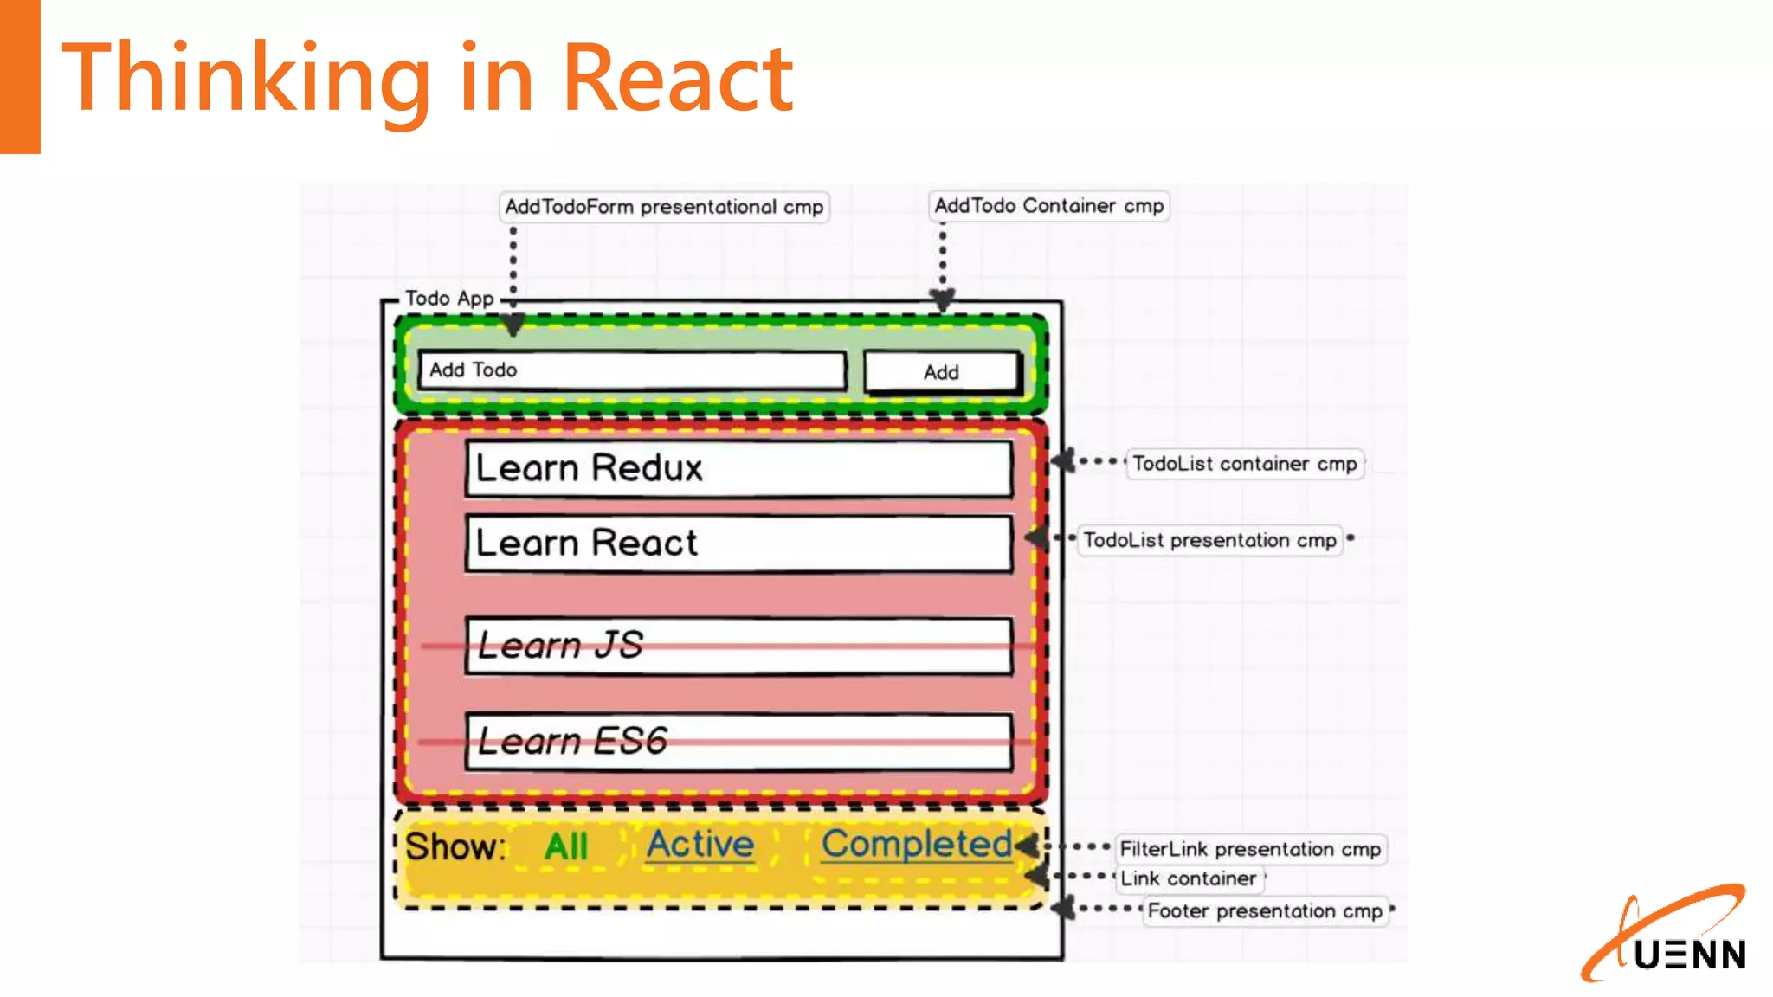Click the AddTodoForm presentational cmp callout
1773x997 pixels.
(664, 207)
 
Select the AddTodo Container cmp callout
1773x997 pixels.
(1048, 206)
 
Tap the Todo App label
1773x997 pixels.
(449, 299)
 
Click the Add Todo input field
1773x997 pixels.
(632, 370)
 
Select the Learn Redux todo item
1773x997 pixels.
(738, 468)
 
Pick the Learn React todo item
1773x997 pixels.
(738, 544)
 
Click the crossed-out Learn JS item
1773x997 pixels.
(738, 646)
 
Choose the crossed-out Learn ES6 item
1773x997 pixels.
(738, 742)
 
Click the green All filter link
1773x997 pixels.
(566, 846)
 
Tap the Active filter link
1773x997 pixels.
(700, 845)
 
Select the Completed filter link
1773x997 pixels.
(916, 845)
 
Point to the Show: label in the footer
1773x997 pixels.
(455, 846)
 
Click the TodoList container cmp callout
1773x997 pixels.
(1244, 464)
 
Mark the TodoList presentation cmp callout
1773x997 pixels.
(1209, 541)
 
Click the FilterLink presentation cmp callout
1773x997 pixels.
(1250, 849)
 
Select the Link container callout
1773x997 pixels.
(1188, 879)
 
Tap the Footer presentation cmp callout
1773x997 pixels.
(1265, 911)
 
